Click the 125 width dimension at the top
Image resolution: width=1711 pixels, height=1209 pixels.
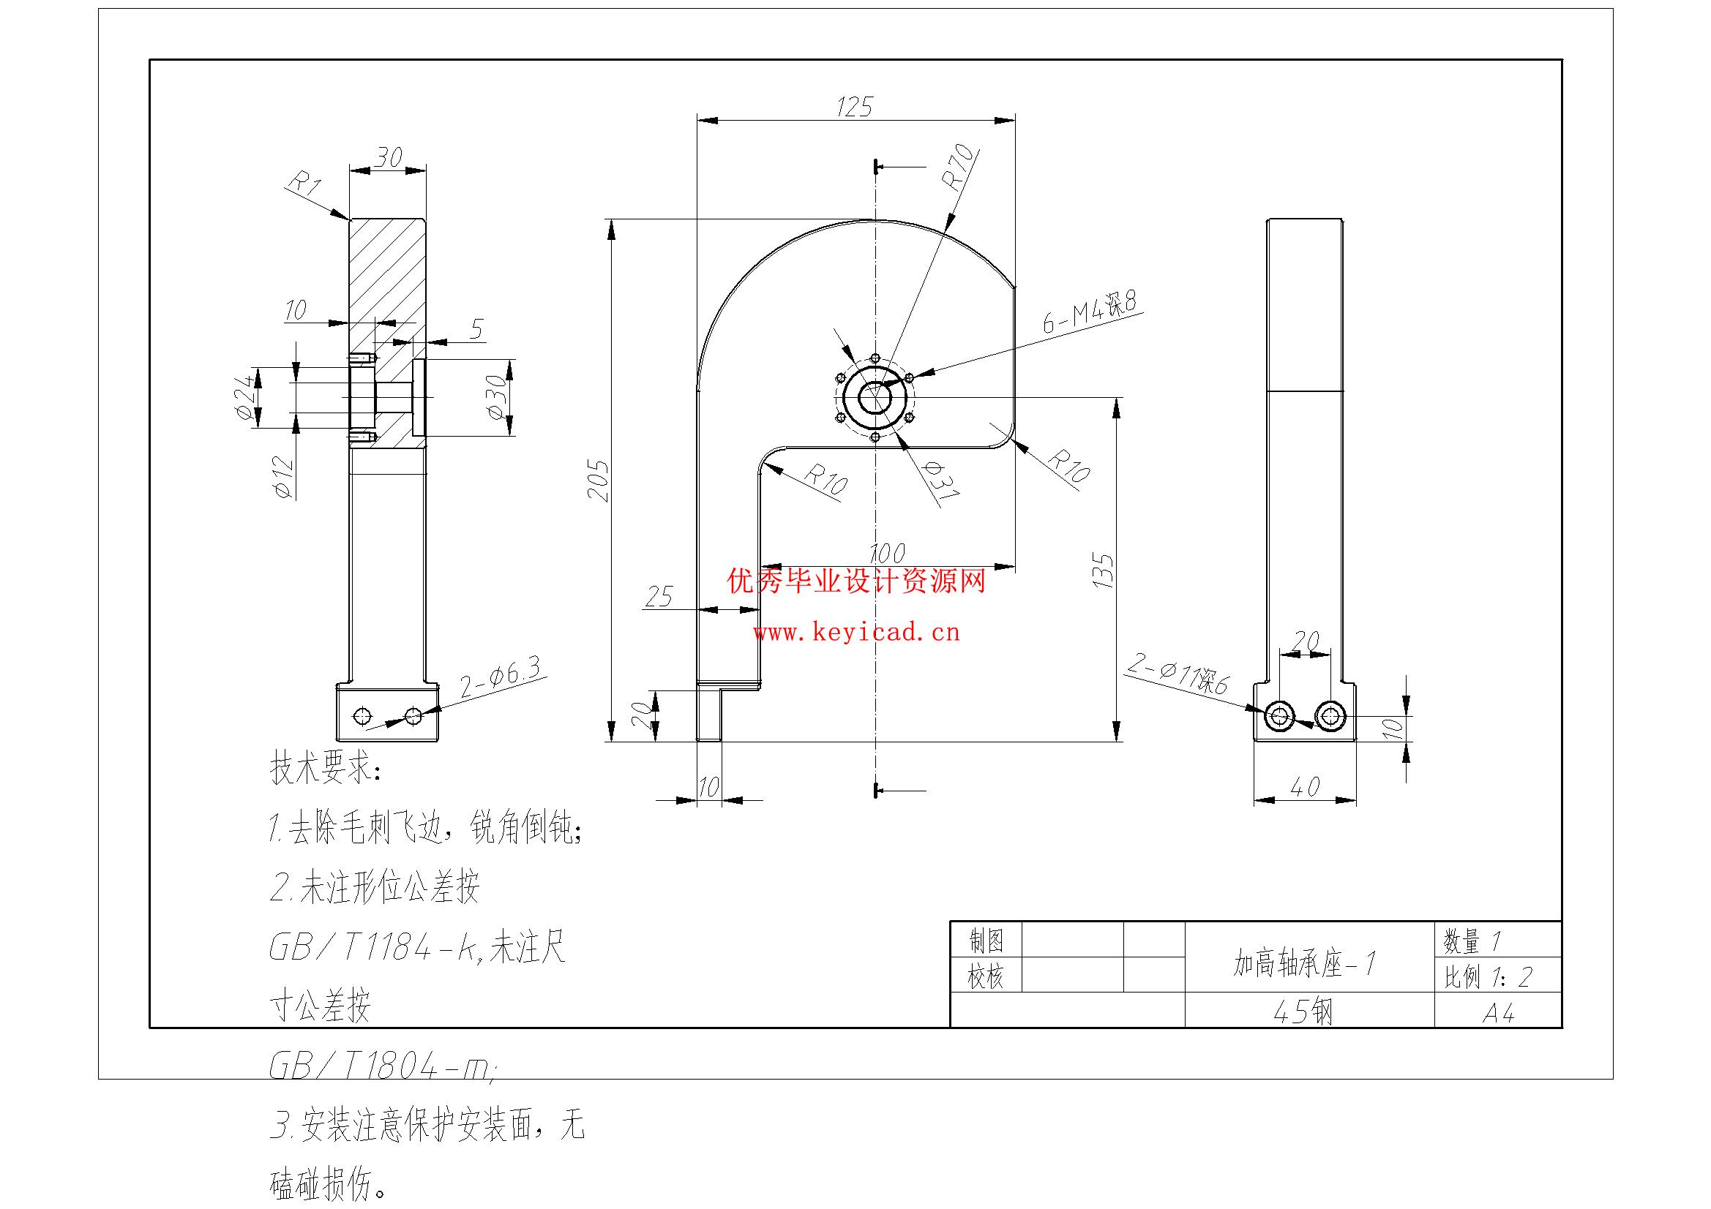854,108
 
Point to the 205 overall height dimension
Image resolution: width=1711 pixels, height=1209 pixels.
599,481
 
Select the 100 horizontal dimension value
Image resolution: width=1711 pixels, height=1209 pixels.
887,553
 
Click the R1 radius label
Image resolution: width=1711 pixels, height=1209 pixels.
304,184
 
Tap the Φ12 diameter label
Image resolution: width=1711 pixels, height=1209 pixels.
283,477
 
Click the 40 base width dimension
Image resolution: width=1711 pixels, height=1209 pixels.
1304,786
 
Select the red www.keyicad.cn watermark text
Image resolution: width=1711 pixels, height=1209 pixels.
856,633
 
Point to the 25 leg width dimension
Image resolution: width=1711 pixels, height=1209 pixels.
658,597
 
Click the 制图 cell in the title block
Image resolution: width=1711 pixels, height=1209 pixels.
985,941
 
